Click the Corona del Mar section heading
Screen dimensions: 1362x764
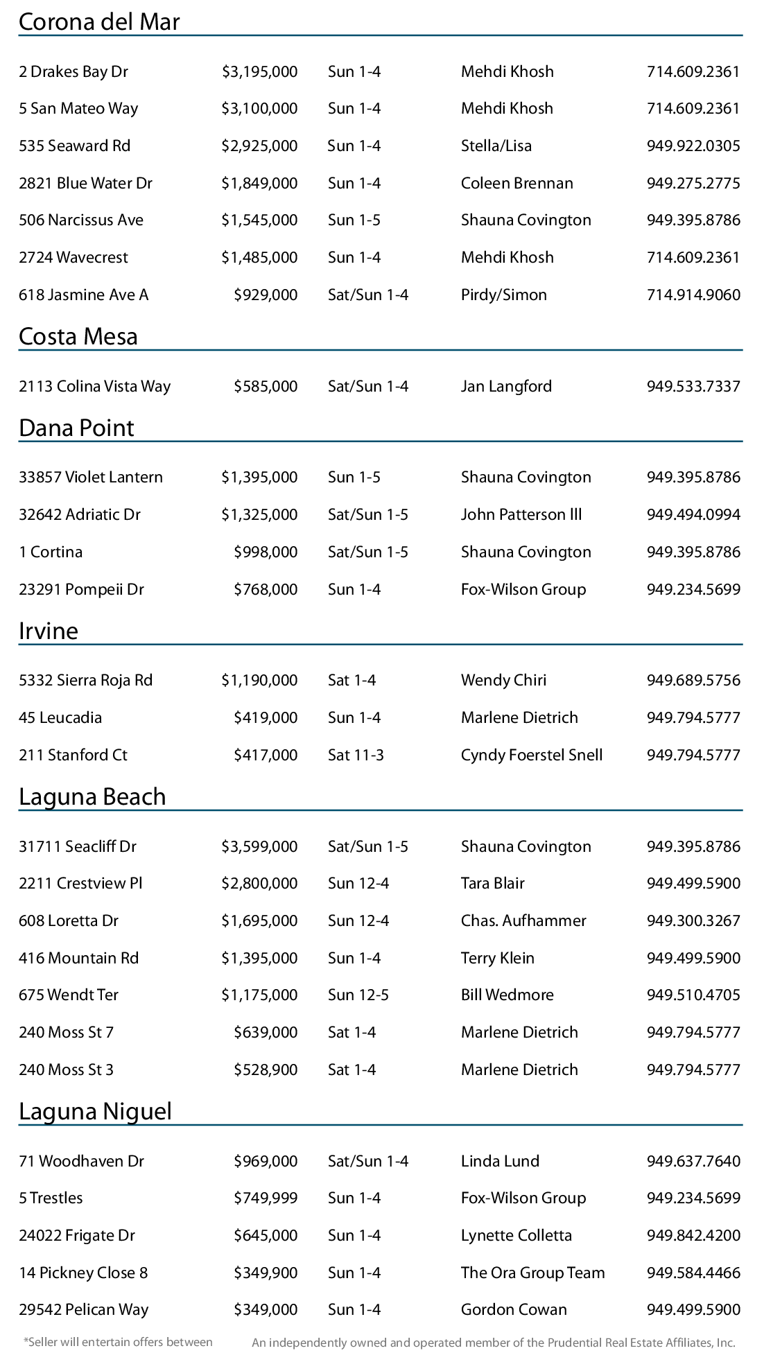click(99, 22)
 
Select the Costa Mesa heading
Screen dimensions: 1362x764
click(78, 337)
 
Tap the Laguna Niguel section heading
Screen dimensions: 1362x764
click(95, 1112)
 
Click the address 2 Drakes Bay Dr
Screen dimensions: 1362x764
click(73, 72)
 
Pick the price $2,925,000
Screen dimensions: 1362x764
click(259, 146)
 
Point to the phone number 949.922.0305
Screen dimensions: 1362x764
click(693, 146)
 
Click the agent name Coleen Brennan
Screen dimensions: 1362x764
click(517, 184)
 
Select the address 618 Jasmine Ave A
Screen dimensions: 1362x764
click(84, 295)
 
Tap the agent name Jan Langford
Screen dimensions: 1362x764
click(507, 387)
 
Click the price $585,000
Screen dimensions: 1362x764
click(266, 387)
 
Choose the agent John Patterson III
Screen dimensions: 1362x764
click(521, 515)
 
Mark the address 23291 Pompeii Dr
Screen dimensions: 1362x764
click(82, 590)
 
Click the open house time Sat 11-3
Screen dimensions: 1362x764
click(356, 756)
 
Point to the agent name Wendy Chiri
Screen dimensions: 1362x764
click(504, 681)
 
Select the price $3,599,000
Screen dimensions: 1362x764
click(259, 847)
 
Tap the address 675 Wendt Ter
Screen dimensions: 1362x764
click(69, 995)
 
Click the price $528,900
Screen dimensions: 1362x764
click(266, 1070)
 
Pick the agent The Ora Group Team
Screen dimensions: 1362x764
click(533, 1273)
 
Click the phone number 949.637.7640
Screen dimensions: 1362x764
click(693, 1162)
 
